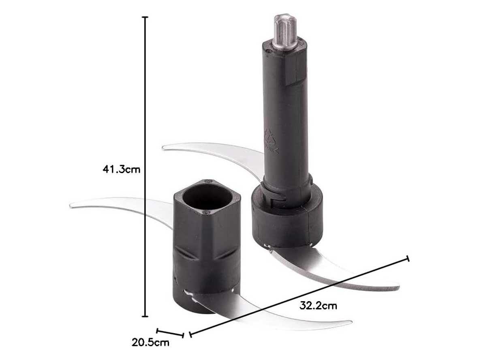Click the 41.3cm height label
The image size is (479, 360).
(x=122, y=169)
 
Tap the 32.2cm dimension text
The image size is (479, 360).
(x=318, y=305)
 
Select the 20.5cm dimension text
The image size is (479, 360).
(x=151, y=342)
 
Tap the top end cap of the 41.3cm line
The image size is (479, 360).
(x=146, y=17)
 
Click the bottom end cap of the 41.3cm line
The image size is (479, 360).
(x=146, y=316)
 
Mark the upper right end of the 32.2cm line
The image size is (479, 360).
(x=408, y=259)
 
